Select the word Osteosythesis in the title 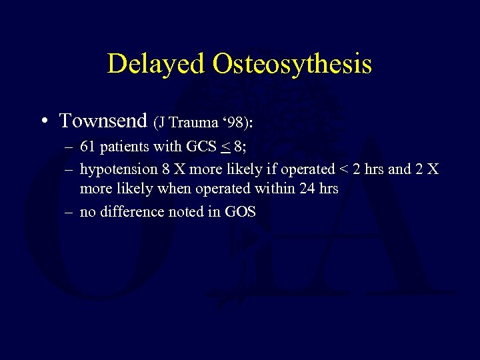click(292, 64)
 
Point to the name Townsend click(103, 121)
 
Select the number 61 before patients click(87, 147)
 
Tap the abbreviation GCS click(199, 147)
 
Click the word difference click(131, 212)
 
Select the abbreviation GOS click(241, 212)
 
